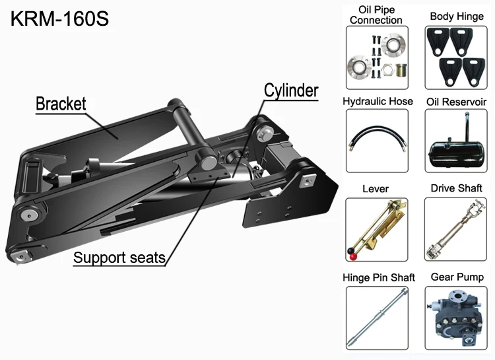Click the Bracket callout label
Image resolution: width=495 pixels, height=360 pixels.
(x=61, y=104)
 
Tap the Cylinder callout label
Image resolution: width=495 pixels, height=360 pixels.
(x=291, y=90)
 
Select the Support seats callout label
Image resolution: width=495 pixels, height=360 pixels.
(x=119, y=257)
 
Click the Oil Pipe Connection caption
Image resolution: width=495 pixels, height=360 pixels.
(x=376, y=15)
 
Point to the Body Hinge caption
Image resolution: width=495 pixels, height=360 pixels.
(x=456, y=16)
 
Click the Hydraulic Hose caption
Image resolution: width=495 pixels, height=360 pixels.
(x=378, y=101)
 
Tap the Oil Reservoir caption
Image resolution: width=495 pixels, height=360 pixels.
(x=456, y=101)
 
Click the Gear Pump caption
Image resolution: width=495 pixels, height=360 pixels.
(x=457, y=277)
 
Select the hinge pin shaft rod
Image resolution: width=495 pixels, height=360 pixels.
(x=377, y=315)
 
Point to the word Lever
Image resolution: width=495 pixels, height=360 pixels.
(x=376, y=189)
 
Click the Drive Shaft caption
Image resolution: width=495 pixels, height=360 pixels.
(x=456, y=188)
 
